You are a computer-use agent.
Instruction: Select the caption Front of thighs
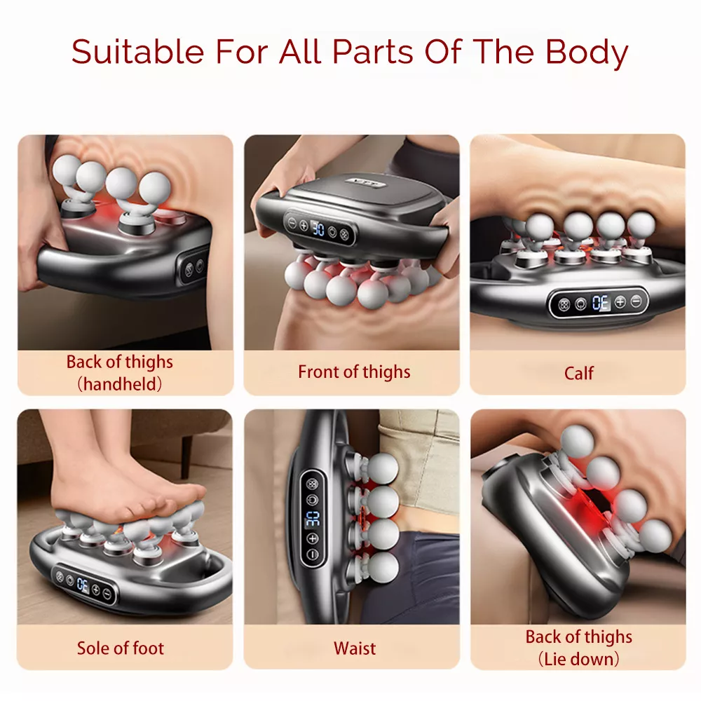(354, 372)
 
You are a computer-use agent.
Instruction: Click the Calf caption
(579, 373)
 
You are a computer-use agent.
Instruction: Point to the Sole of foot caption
(121, 648)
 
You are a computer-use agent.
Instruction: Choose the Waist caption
(355, 648)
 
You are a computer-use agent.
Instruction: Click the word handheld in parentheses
(120, 383)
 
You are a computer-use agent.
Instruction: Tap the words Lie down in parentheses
(579, 659)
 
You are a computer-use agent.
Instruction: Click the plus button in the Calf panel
(620, 303)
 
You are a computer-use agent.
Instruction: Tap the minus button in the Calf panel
(636, 302)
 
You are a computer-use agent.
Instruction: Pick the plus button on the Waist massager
(313, 538)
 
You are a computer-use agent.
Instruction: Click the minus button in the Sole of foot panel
(107, 593)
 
